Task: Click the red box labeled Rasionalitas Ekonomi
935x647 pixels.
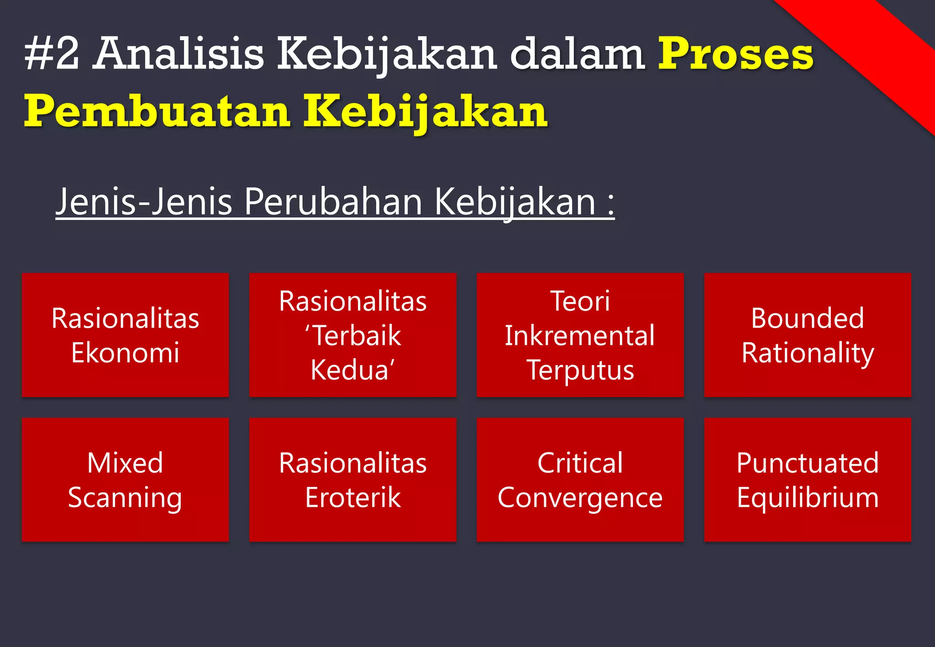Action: coord(125,335)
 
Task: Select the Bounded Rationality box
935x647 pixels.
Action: coord(807,335)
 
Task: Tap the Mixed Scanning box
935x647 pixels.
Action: coord(125,480)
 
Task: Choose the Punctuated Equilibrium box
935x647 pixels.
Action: coord(807,480)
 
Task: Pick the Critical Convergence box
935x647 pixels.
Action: coord(580,480)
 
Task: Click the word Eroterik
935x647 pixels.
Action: coord(352,497)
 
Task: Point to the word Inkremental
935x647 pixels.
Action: coord(580,336)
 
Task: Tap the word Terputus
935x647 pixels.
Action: coord(580,370)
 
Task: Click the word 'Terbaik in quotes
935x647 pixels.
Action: coord(352,336)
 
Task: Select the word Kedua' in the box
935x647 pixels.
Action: coord(352,370)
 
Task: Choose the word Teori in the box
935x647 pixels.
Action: coord(580,301)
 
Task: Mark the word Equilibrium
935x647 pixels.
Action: coord(807,497)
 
